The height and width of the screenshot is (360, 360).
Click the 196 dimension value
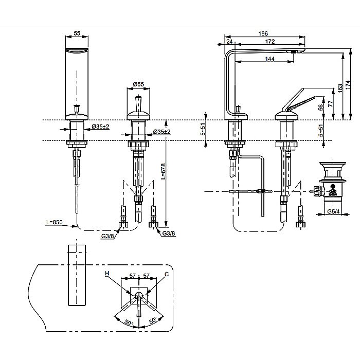(263, 33)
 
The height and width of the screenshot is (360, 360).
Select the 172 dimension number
(270, 42)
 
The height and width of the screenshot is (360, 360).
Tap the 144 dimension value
(269, 59)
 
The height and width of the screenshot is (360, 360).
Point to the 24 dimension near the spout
(229, 42)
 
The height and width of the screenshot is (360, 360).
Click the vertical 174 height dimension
(348, 85)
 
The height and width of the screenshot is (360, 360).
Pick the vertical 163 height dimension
(340, 88)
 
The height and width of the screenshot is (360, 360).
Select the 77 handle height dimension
(330, 103)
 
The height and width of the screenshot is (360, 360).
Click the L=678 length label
(163, 171)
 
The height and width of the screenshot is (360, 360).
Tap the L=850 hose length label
(55, 222)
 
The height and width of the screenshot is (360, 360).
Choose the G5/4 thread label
(333, 211)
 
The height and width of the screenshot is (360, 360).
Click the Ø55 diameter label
(138, 84)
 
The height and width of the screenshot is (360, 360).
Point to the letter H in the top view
(107, 274)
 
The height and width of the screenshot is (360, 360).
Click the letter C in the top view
(167, 274)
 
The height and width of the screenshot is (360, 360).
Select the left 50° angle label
(129, 322)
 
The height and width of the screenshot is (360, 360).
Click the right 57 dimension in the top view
(146, 276)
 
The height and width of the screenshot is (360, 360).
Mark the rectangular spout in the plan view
(77, 275)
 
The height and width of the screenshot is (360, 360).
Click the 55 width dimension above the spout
(77, 33)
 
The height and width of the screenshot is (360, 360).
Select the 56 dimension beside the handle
(321, 107)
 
